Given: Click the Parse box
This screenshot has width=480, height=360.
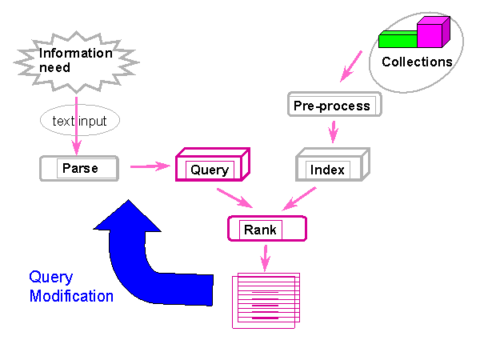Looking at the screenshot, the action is pos(79,168).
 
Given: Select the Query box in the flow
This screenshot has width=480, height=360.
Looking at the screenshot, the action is pos(213,165).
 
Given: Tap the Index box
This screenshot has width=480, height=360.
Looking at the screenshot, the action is pos(333,165).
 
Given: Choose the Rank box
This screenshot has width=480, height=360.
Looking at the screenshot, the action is pos(267,229).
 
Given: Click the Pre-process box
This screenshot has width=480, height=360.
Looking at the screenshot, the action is pos(334,104).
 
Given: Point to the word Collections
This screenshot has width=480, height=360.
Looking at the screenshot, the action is pos(417,62).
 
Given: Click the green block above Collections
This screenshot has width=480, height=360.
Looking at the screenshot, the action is pos(398,39).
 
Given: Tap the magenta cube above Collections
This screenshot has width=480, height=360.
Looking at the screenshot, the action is pos(433,32).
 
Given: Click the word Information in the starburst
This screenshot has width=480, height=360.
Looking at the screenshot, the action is pos(76,54).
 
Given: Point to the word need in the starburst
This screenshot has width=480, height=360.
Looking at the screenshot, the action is pos(54,68).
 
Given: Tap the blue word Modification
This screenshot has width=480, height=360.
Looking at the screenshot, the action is pos(71,296).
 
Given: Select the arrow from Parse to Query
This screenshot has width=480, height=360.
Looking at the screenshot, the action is pos(150,166).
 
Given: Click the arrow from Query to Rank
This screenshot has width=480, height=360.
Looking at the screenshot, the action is pos(234,198).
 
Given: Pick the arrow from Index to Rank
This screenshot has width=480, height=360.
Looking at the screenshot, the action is pos(299,198).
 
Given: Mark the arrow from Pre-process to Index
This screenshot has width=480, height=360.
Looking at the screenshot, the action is pos(334,132).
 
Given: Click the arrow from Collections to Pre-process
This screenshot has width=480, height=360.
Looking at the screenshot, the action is pos(351,66).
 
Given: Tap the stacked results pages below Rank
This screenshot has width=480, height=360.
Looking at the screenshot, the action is pos(266,301).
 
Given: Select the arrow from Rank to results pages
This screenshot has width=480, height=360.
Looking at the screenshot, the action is pos(266,258).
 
